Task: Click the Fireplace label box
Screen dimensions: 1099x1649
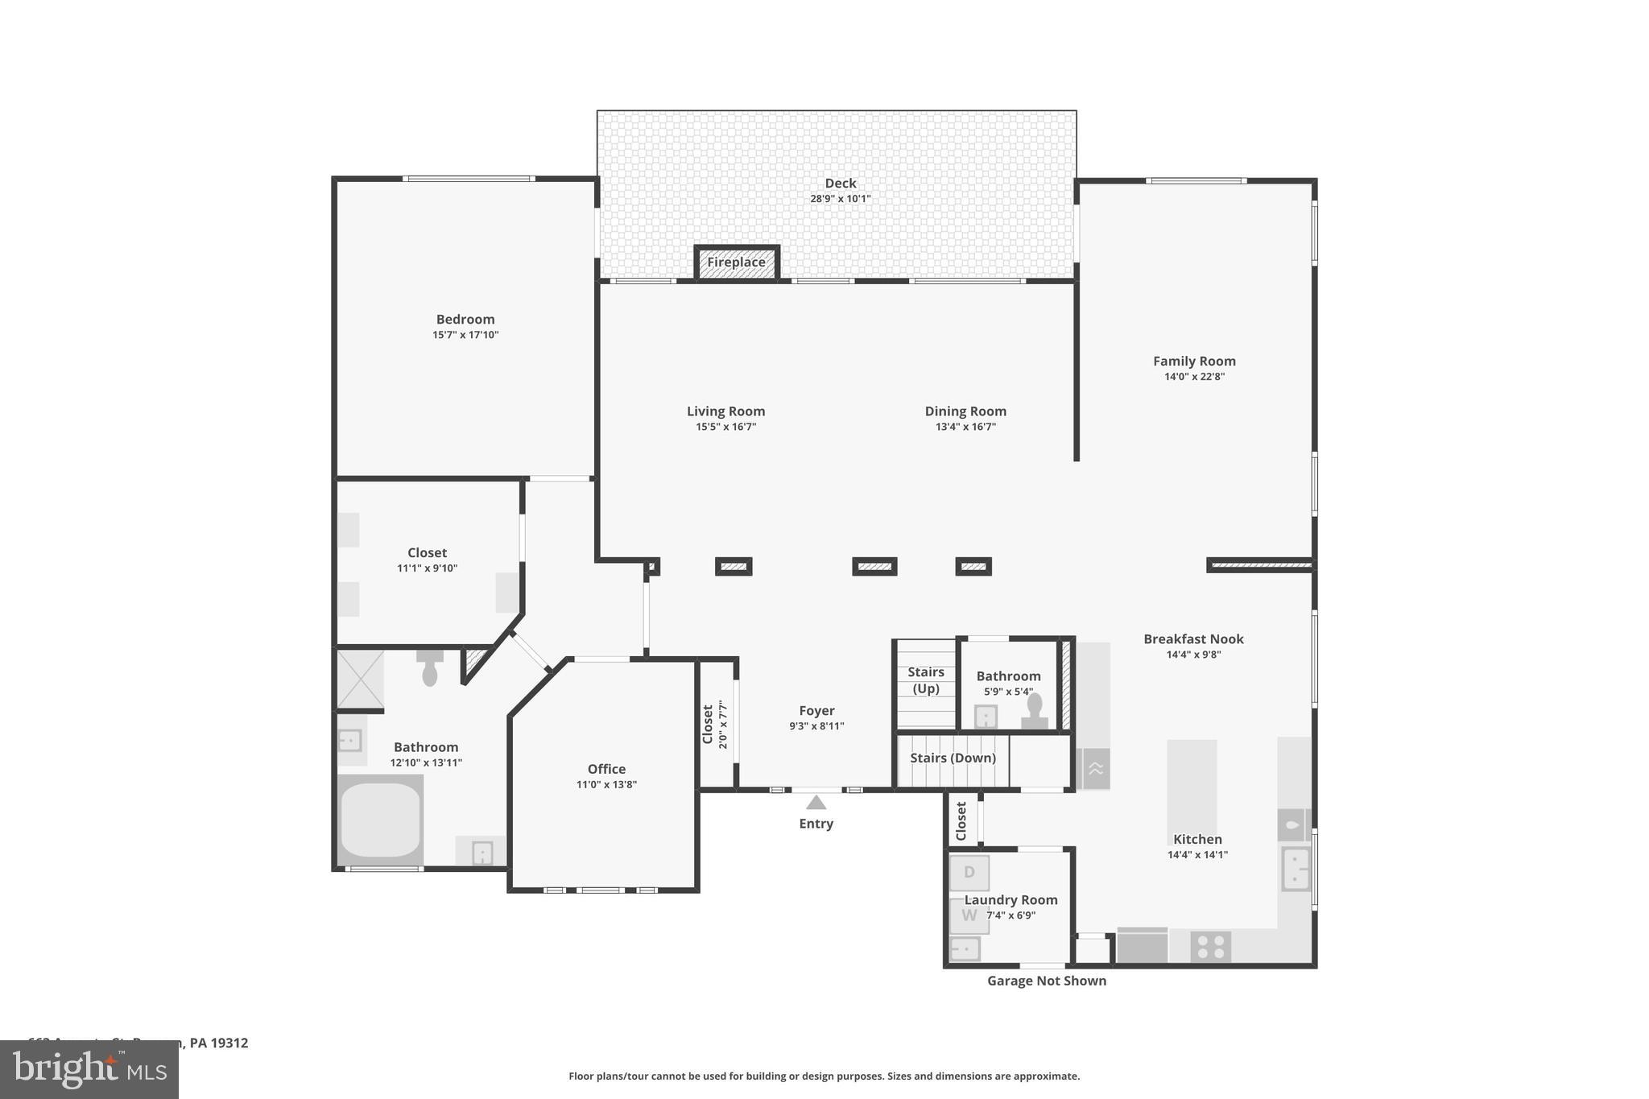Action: point(736,262)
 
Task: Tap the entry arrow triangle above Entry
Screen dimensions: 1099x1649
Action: point(816,803)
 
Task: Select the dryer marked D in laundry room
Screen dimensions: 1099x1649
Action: point(969,873)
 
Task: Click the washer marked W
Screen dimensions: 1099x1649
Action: point(969,915)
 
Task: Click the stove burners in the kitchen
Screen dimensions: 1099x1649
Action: point(1210,947)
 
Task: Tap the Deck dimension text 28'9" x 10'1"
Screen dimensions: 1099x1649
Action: point(840,199)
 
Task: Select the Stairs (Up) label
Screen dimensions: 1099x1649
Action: point(925,680)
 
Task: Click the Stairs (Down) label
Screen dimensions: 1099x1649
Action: point(953,758)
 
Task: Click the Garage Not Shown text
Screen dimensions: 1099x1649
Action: point(1046,981)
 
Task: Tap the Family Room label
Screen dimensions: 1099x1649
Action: point(1193,362)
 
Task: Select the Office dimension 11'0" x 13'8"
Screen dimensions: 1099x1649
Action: point(606,785)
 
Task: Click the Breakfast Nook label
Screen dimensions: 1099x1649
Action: point(1193,639)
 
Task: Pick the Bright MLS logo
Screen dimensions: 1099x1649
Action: point(89,1069)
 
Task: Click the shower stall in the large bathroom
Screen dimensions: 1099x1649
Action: point(360,680)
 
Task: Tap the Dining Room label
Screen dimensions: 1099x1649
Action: point(965,411)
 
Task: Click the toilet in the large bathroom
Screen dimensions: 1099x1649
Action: point(430,668)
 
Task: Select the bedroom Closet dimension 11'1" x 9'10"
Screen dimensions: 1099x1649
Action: point(427,568)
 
